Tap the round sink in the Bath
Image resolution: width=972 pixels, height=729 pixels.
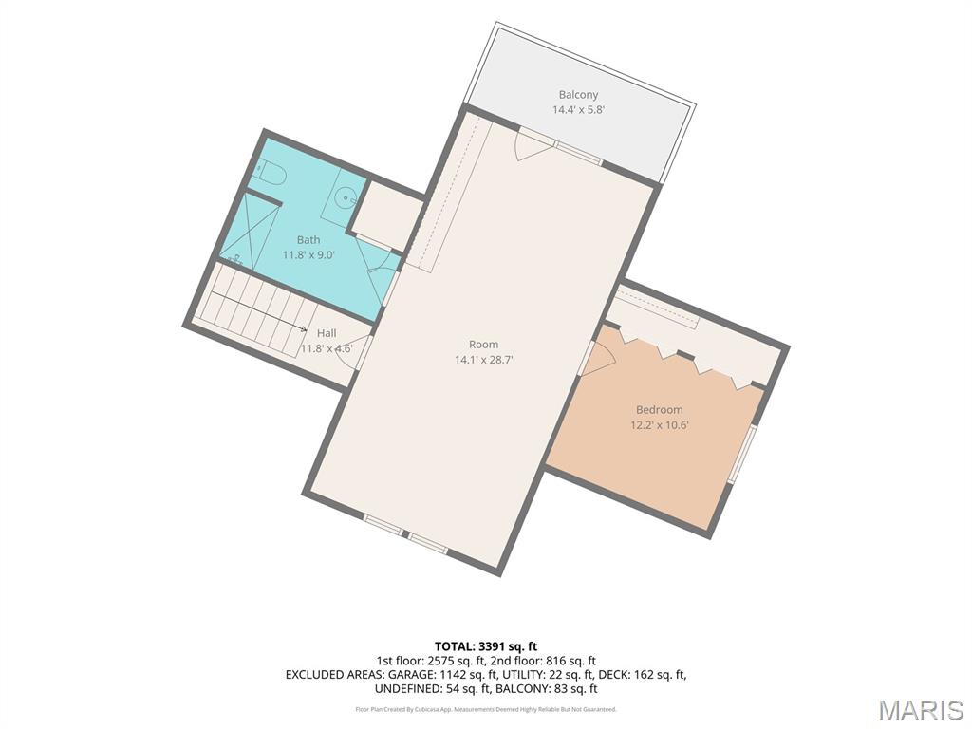pyautogui.click(x=344, y=197)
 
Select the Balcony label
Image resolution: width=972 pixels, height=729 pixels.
pyautogui.click(x=578, y=95)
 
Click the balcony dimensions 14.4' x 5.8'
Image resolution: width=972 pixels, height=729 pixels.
pyautogui.click(x=578, y=110)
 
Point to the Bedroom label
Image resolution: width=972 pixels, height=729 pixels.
pyautogui.click(x=660, y=410)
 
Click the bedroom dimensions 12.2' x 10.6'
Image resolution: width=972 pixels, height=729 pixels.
pyautogui.click(x=660, y=425)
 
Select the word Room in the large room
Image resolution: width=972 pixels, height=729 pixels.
pyautogui.click(x=483, y=345)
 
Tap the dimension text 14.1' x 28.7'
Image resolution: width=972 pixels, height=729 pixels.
pyautogui.click(x=483, y=360)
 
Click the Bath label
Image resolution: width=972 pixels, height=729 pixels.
pyautogui.click(x=308, y=240)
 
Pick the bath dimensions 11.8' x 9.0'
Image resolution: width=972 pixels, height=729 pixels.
pyautogui.click(x=308, y=254)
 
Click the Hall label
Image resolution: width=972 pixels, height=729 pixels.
pyautogui.click(x=327, y=333)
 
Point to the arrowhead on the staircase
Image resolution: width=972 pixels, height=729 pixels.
pyautogui.click(x=303, y=329)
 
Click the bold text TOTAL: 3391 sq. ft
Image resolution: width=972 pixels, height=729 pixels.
pyautogui.click(x=486, y=647)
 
